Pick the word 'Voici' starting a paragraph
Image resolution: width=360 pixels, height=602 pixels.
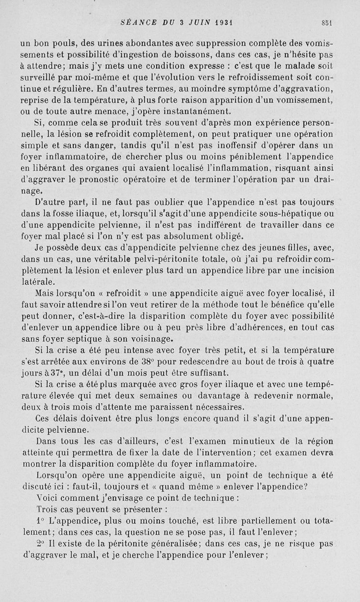coord(46,498)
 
